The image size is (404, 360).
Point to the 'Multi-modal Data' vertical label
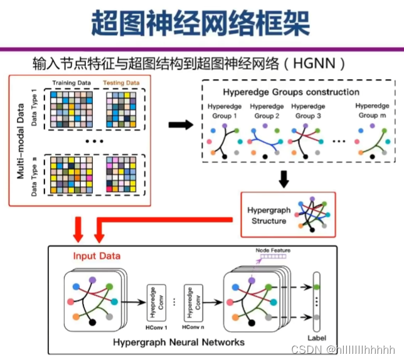pyautogui.click(x=20, y=142)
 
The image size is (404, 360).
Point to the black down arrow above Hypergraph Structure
pyautogui.click(x=284, y=179)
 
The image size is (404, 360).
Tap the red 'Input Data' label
pyautogui.click(x=97, y=256)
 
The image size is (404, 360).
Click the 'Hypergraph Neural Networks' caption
pyautogui.click(x=179, y=342)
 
